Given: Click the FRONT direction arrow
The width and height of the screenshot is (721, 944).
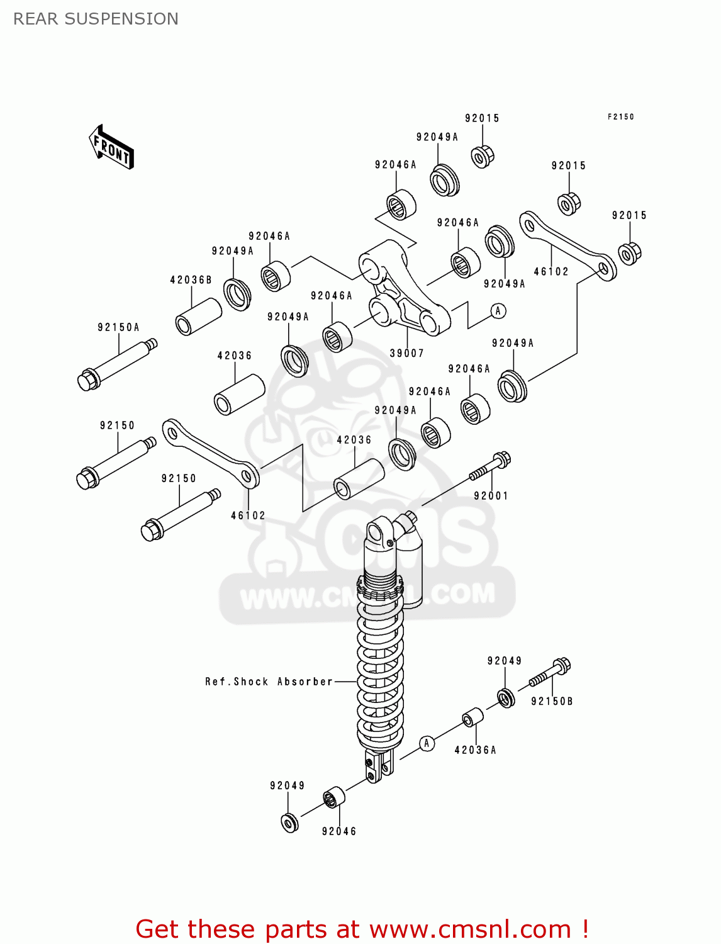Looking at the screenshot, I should tap(111, 147).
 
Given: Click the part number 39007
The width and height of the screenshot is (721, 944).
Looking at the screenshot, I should tap(406, 353).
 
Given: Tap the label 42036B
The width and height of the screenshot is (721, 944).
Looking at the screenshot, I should tap(191, 279).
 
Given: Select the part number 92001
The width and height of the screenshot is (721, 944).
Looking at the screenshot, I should tap(491, 496).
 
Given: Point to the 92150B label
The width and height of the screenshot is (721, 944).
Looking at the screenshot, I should tap(552, 701).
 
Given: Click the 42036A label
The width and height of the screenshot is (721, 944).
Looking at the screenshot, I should tap(475, 750).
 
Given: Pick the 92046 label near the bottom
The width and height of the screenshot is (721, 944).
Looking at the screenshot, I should tap(339, 831).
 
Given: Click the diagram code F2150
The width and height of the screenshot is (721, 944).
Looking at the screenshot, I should tap(621, 117).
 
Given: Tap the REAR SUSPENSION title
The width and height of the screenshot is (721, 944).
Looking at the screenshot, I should tap(96, 19).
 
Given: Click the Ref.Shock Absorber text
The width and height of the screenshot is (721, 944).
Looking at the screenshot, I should tap(269, 682).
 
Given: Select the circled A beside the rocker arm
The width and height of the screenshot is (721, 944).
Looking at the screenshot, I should tap(498, 311).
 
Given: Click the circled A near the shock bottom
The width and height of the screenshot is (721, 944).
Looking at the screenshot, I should tap(427, 743).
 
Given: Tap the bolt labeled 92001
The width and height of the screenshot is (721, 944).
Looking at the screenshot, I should tap(491, 467).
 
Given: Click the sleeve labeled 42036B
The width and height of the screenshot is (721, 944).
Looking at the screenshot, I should tap(198, 317).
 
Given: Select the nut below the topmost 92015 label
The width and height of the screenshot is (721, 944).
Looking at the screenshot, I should tap(483, 156).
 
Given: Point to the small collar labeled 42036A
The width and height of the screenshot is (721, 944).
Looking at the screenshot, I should tap(472, 717).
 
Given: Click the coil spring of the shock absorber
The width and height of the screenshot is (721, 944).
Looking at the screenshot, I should tap(380, 673).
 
